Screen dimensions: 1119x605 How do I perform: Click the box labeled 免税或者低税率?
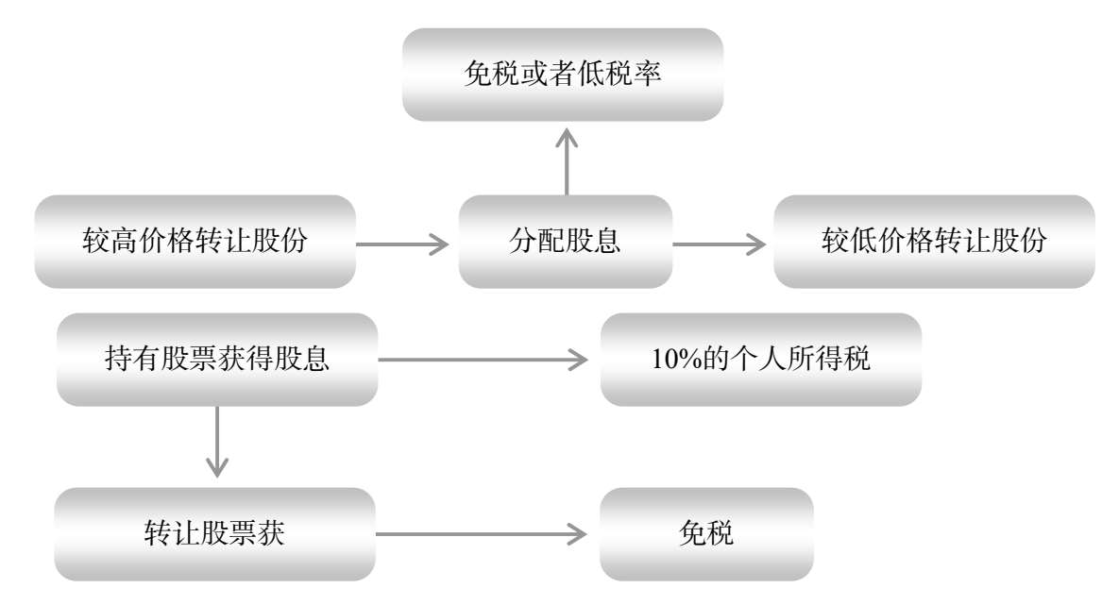click(563, 75)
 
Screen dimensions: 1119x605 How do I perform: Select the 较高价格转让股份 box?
click(195, 241)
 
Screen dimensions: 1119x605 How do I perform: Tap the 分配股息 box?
click(566, 241)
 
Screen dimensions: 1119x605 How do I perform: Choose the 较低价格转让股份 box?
click(934, 241)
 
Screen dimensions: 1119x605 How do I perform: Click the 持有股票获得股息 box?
click(217, 359)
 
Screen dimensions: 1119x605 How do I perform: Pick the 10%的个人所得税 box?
click(761, 359)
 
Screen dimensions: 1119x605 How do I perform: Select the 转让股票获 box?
click(214, 533)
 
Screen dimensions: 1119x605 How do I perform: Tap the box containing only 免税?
click(706, 533)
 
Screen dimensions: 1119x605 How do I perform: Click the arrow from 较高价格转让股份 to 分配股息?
click(402, 244)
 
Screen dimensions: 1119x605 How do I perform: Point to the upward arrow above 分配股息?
click(567, 161)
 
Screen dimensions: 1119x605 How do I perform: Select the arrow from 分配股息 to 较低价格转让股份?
click(720, 244)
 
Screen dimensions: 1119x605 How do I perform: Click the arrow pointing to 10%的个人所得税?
click(483, 360)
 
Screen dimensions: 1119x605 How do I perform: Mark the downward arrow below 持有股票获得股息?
click(217, 442)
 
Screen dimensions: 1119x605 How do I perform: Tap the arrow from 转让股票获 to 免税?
click(482, 533)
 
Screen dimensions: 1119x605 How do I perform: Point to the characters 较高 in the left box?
click(110, 241)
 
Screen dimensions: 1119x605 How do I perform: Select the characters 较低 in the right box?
click(849, 241)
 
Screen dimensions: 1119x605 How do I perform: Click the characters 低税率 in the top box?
click(619, 74)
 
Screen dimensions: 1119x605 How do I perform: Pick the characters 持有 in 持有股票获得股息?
click(132, 358)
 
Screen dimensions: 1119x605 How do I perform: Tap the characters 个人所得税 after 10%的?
click(801, 358)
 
